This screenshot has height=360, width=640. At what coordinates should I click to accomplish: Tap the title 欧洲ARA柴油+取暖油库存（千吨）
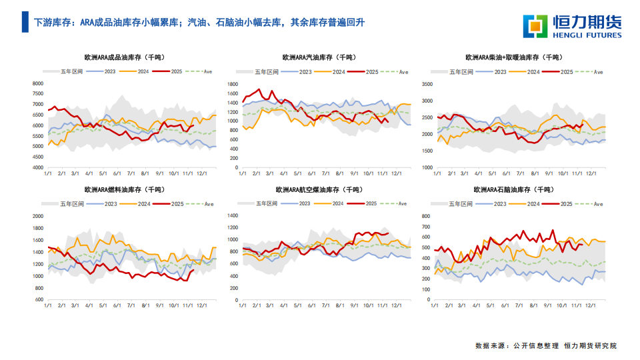click(x=513, y=58)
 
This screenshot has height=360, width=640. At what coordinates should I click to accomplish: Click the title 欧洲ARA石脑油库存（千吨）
click(x=513, y=190)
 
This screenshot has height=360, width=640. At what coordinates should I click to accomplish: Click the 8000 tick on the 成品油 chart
click(x=37, y=83)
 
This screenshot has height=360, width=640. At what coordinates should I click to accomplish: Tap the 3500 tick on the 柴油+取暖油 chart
click(x=427, y=85)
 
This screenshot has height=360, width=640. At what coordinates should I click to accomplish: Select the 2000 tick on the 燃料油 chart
click(x=37, y=216)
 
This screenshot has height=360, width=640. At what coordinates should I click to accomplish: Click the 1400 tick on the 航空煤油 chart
click(x=233, y=216)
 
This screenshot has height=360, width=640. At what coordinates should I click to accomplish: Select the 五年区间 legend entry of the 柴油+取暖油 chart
click(x=461, y=71)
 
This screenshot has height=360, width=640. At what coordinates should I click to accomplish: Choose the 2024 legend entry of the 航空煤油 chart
click(x=338, y=203)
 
